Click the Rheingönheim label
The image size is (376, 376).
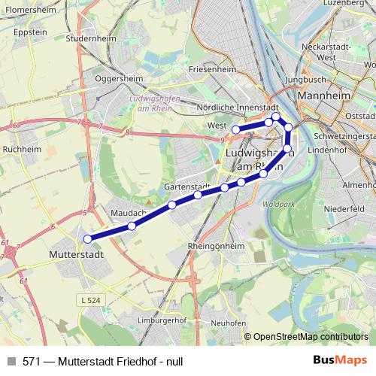(x=216, y=246)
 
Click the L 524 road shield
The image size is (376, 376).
(x=89, y=300)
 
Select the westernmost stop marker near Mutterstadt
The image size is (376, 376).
(x=88, y=239)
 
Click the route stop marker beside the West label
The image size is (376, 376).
(x=235, y=130)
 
